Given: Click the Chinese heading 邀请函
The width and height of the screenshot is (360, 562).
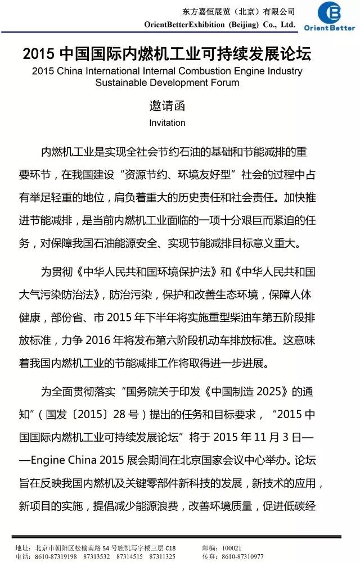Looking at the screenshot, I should (167, 105).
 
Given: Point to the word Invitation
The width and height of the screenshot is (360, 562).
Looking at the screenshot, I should (167, 123).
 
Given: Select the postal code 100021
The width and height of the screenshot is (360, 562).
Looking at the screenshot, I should (232, 548).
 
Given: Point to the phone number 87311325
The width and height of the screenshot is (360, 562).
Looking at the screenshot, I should (162, 556).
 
